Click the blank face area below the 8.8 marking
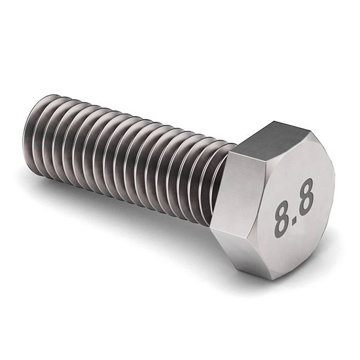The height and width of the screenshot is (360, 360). click(300, 249)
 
